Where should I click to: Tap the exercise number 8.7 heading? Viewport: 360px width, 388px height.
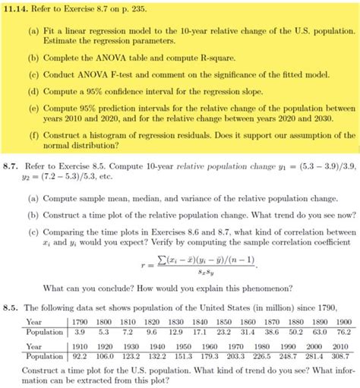tap(11, 165)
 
